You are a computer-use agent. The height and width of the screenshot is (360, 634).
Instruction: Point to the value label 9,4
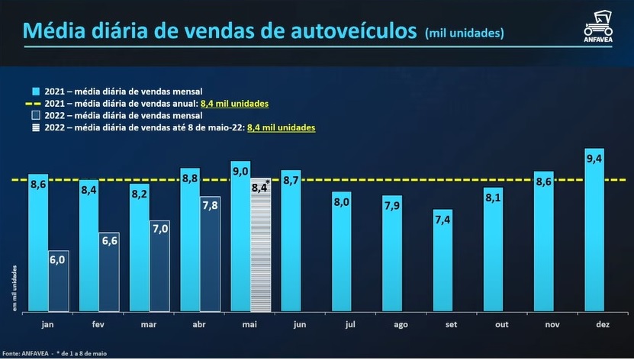(594, 159)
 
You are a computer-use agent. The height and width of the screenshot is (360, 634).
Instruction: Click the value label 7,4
(443, 220)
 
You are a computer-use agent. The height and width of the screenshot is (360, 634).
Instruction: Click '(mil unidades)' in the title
(464, 33)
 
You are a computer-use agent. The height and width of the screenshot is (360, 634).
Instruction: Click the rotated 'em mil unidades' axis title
(14, 286)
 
